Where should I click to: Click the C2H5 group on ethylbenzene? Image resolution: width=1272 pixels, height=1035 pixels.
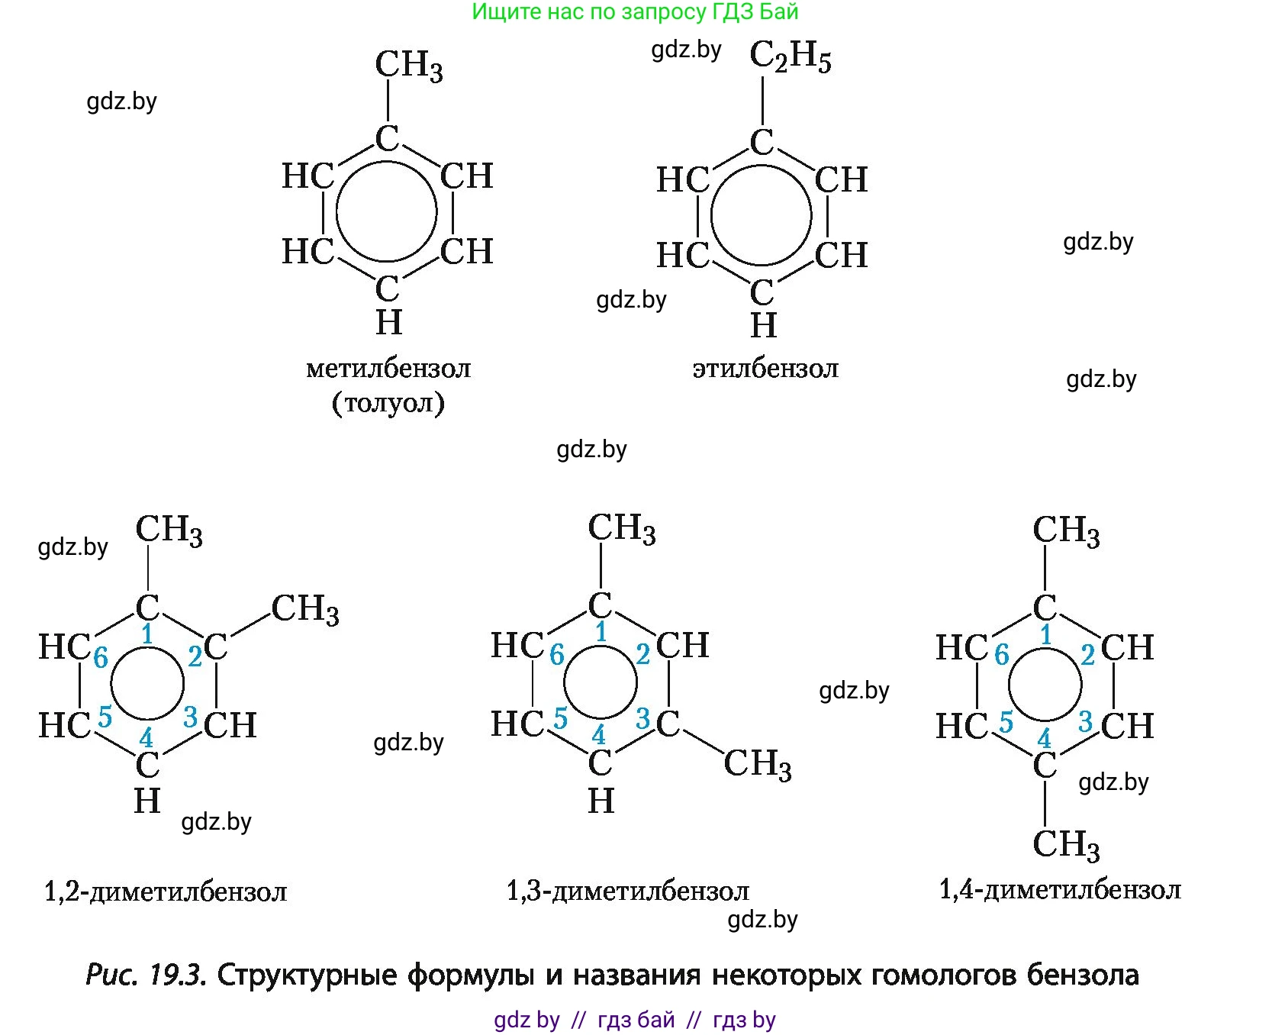point(791,56)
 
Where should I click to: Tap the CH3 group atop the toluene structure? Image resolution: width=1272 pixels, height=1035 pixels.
point(409,65)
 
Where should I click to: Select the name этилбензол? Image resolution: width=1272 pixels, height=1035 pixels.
point(765,369)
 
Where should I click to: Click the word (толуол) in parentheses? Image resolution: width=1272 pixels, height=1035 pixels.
point(388,402)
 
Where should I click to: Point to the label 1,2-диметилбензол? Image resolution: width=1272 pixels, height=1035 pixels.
point(166,891)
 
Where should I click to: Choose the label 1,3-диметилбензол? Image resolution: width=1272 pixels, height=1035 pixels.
point(628,891)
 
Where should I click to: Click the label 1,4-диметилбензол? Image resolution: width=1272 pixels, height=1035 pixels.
point(1060,889)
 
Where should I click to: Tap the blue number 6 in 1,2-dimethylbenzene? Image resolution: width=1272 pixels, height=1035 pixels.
point(101,657)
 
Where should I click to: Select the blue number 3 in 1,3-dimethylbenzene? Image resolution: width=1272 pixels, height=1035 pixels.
point(643,718)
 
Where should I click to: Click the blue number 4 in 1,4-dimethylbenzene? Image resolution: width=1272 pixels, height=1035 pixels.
point(1044,738)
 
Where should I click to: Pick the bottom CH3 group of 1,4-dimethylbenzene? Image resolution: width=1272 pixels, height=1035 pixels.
point(1066,844)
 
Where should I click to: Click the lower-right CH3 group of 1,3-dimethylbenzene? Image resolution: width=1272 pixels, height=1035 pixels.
point(758,763)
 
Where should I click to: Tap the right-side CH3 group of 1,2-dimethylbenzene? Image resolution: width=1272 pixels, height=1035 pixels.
point(305,610)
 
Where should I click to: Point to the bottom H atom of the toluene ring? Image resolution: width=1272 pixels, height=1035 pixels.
point(388,322)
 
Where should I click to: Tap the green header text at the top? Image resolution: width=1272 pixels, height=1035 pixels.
point(636,11)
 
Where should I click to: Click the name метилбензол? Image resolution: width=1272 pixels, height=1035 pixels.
point(388,369)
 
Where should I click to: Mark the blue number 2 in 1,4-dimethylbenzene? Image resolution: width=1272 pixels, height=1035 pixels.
point(1087,654)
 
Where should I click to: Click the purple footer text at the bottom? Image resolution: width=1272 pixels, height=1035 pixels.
point(635,1020)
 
